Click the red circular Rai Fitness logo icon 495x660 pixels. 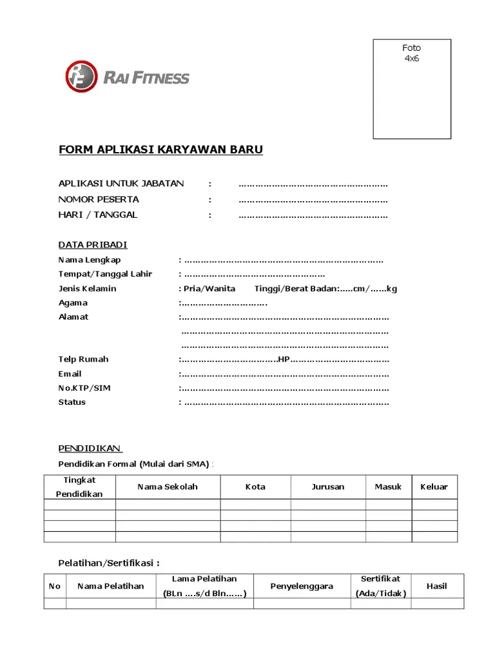(x=81, y=77)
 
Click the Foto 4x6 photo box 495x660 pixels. (x=412, y=89)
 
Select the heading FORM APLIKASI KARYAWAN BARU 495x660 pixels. (x=160, y=150)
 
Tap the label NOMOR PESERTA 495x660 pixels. (x=99, y=199)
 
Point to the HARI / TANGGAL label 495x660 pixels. (x=98, y=215)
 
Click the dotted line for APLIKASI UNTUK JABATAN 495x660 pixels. (x=313, y=184)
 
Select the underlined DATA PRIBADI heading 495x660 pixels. (x=93, y=245)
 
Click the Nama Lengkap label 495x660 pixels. (x=90, y=260)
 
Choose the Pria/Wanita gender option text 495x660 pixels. (x=209, y=288)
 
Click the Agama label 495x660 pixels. (x=73, y=302)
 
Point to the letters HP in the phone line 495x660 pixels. (x=283, y=359)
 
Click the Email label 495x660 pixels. (x=70, y=374)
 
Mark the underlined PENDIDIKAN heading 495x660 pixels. (x=90, y=448)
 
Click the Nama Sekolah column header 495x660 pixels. (x=168, y=487)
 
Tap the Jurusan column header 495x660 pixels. (x=328, y=487)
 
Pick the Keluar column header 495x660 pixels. (x=434, y=487)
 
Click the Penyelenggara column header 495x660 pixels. (x=302, y=586)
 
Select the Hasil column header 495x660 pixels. (x=437, y=586)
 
